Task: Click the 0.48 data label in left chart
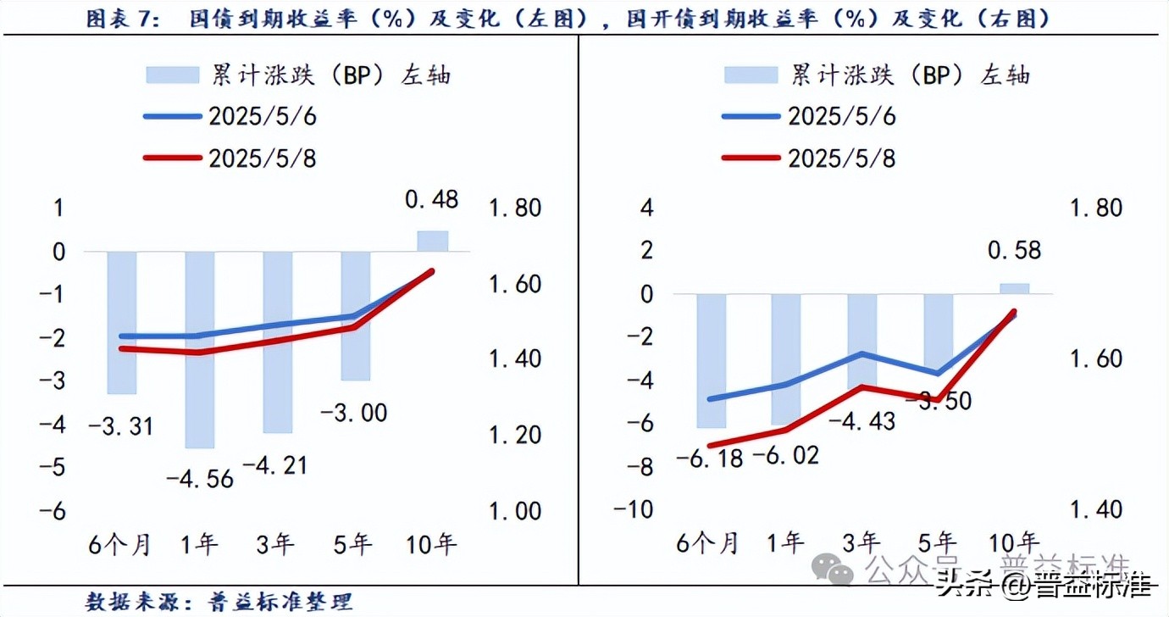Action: point(432,199)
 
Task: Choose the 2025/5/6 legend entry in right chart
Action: point(841,116)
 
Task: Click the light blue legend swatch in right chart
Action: point(751,75)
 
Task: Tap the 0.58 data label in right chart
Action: point(1014,251)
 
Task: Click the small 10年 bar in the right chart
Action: point(1015,288)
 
